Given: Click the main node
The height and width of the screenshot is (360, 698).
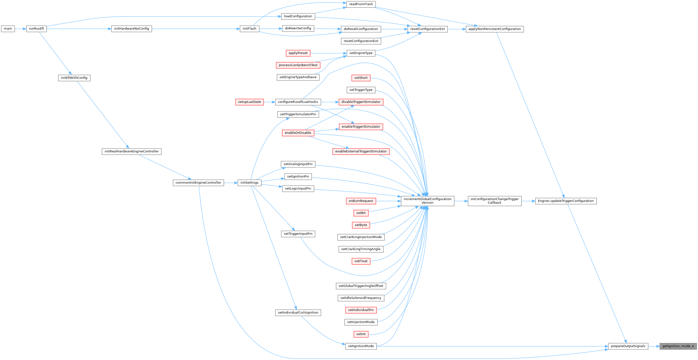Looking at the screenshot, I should tap(8, 29).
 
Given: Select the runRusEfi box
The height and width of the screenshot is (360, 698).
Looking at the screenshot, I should tap(36, 29).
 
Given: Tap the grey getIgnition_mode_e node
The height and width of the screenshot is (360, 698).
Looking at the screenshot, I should tap(678, 346).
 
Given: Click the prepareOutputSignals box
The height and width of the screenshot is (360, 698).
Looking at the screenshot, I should tap(628, 346).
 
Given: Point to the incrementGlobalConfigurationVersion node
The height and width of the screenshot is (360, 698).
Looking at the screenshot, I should tap(427, 201).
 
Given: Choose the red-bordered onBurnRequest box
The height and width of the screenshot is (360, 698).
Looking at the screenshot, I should tap(361, 201).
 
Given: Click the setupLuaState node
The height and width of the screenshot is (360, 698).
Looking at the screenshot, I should tap(249, 102).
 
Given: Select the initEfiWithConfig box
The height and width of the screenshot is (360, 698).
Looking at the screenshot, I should tap(74, 78).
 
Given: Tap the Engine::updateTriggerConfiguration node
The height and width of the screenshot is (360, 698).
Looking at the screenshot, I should tap(566, 201).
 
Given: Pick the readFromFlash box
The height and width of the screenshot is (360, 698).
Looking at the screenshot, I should tap(361, 4).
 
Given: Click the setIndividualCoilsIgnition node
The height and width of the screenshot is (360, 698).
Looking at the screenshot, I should tap(298, 313).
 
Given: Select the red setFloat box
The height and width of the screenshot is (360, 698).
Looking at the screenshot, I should tap(361, 261).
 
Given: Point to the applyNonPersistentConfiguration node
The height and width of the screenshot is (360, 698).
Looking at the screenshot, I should tap(494, 29).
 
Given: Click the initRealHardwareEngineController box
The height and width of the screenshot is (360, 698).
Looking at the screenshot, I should tap(131, 151).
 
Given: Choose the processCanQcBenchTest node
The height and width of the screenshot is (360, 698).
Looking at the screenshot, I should tap(298, 65).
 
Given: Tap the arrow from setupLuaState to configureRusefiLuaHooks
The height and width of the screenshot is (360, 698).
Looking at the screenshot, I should tap(269, 102).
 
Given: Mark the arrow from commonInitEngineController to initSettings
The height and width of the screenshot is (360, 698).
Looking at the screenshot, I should tap(231, 183).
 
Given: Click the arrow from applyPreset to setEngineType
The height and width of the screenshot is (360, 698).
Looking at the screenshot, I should tap(328, 53).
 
